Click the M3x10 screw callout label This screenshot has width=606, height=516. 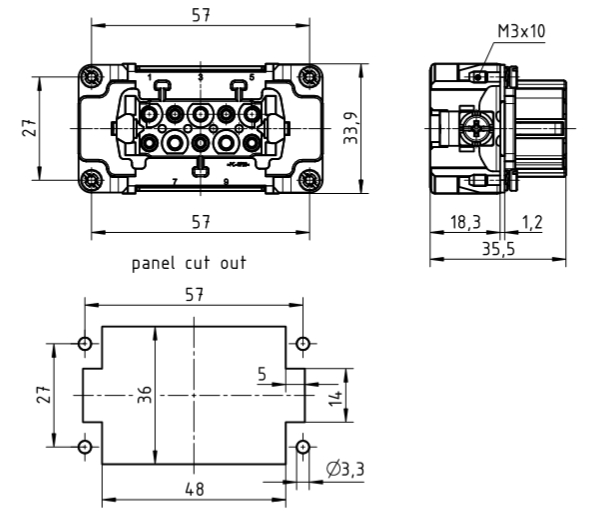tap(521, 31)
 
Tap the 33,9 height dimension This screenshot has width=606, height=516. tap(350, 128)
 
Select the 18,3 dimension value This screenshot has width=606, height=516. tap(464, 223)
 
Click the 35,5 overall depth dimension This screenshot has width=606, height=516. tap(496, 250)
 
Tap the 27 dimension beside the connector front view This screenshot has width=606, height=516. tap(31, 128)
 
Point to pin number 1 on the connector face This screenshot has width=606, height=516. tap(150, 77)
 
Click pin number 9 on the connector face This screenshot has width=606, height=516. tap(225, 181)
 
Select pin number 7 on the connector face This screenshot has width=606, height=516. tap(174, 181)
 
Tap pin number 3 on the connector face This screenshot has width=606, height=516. tap(200, 77)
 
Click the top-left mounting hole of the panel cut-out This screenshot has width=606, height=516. tap(85, 344)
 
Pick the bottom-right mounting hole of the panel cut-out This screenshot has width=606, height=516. tap(301, 446)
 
